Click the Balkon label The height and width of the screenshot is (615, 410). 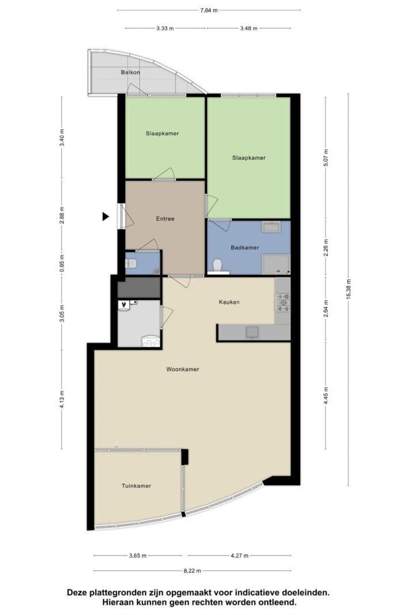(x=130, y=72)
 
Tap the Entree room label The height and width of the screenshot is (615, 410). (x=165, y=218)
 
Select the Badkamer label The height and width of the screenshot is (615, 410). (x=245, y=247)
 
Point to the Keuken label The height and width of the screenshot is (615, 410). (x=229, y=302)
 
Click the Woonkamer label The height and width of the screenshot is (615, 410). (x=182, y=369)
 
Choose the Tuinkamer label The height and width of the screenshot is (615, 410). (x=136, y=485)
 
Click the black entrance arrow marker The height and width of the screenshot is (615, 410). (x=106, y=216)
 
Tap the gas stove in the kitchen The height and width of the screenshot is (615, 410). (x=283, y=303)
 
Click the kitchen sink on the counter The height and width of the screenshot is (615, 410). (x=252, y=332)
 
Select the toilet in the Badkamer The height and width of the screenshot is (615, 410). (x=217, y=266)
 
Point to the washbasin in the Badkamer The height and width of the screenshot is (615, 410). (x=271, y=227)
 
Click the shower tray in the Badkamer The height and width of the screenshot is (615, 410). (x=276, y=264)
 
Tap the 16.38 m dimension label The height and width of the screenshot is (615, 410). (x=348, y=289)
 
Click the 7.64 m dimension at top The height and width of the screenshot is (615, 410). (x=209, y=10)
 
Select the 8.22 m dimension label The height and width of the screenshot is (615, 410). (x=192, y=571)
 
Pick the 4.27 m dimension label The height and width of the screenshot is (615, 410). (x=239, y=556)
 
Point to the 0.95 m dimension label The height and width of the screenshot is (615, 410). (x=62, y=263)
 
